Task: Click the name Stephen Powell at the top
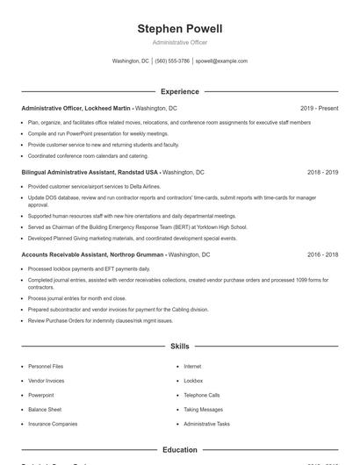(180, 29)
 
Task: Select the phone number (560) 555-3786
(173, 61)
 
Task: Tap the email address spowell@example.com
(221, 61)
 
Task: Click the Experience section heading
(180, 91)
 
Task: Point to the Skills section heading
(180, 347)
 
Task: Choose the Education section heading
(180, 450)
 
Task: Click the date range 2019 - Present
(319, 108)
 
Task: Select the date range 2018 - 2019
(322, 173)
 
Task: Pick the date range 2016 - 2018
(322, 254)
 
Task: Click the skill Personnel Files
(46, 366)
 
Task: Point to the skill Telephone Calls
(202, 395)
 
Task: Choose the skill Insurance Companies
(53, 424)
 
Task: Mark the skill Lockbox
(193, 381)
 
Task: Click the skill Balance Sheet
(45, 410)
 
